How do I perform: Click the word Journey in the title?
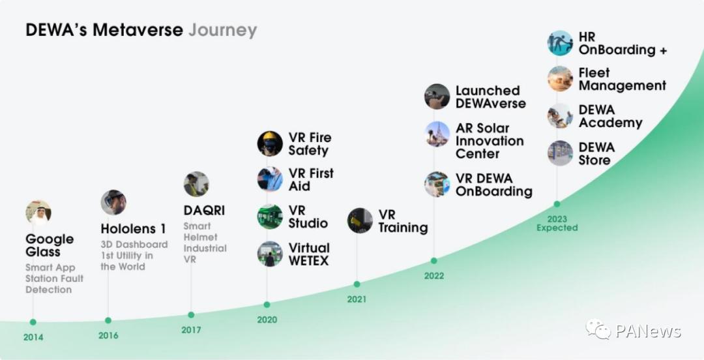pos(223,31)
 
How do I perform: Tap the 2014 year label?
pos(33,337)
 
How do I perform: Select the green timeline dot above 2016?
pos(108,320)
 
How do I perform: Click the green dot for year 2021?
pos(357,284)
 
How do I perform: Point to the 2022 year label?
pos(433,276)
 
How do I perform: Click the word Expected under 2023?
pos(557,228)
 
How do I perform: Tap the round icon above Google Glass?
pos(38,213)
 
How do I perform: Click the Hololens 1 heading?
pos(134,229)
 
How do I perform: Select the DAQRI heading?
pos(204,211)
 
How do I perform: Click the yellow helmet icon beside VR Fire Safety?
pos(270,144)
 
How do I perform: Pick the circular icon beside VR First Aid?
pos(270,179)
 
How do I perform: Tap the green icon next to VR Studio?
pos(270,217)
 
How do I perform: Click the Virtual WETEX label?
pos(309,254)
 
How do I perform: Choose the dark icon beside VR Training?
pos(360,220)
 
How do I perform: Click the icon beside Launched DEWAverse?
pos(437,97)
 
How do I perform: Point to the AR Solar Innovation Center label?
pos(490,141)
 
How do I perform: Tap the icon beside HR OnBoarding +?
pos(560,43)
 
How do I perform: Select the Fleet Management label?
pos(623,79)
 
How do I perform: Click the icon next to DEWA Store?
pos(560,153)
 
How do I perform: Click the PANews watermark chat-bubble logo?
pos(598,329)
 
